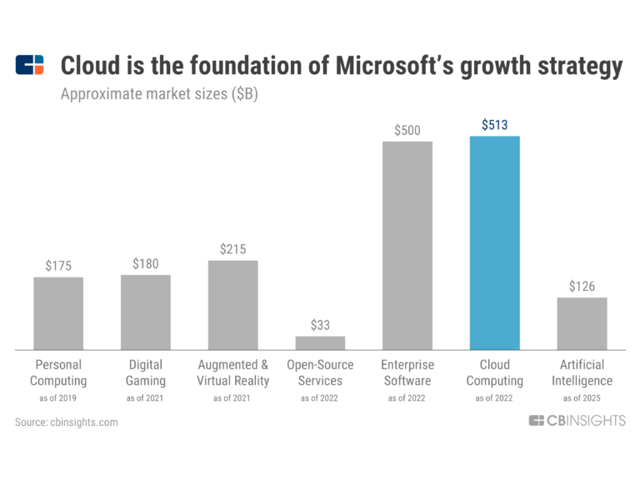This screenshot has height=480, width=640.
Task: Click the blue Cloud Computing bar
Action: (494, 242)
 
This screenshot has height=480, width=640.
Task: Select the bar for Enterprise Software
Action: (407, 245)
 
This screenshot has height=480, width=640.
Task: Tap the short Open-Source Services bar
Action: (320, 342)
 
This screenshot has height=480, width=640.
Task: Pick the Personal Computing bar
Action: (58, 312)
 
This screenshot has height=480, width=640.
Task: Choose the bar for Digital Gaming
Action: (146, 312)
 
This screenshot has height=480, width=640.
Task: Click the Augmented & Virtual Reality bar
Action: (232, 304)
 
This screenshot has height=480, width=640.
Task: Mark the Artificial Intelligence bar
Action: (582, 323)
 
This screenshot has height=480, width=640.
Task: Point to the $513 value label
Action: (494, 125)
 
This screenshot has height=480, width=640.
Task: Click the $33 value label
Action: (320, 325)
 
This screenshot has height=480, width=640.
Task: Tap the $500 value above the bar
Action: (407, 130)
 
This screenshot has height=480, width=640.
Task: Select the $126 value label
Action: (582, 286)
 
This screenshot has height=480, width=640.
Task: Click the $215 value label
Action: (232, 249)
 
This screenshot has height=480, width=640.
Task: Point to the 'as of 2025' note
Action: (582, 397)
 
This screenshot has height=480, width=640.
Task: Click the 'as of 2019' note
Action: (58, 397)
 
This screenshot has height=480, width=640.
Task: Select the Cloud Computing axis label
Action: (494, 372)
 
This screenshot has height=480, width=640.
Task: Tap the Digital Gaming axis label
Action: (146, 372)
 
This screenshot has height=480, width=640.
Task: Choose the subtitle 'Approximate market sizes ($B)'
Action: (159, 94)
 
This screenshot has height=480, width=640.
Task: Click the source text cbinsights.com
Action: (67, 422)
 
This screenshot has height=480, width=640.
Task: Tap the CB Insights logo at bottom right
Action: (577, 421)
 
